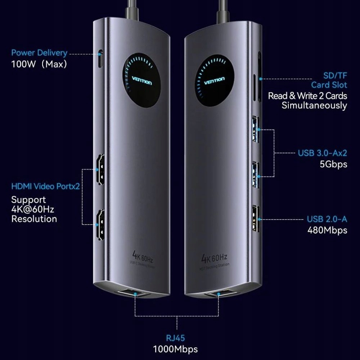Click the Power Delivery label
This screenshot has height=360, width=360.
39,53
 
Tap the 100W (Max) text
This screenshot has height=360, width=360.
39,65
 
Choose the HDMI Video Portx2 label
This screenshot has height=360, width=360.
45,186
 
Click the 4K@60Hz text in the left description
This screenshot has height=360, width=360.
32,209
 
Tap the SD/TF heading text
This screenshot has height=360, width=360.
335,76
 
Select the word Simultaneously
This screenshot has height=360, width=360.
314,105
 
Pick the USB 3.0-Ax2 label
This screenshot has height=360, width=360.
322,153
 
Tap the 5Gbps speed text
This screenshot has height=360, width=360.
333,164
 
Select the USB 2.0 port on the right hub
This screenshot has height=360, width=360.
256,219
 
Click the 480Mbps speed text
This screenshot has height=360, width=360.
327,230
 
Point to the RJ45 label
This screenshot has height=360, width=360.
175,338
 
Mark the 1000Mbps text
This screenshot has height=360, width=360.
175,349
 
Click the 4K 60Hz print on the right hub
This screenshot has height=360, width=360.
215,258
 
